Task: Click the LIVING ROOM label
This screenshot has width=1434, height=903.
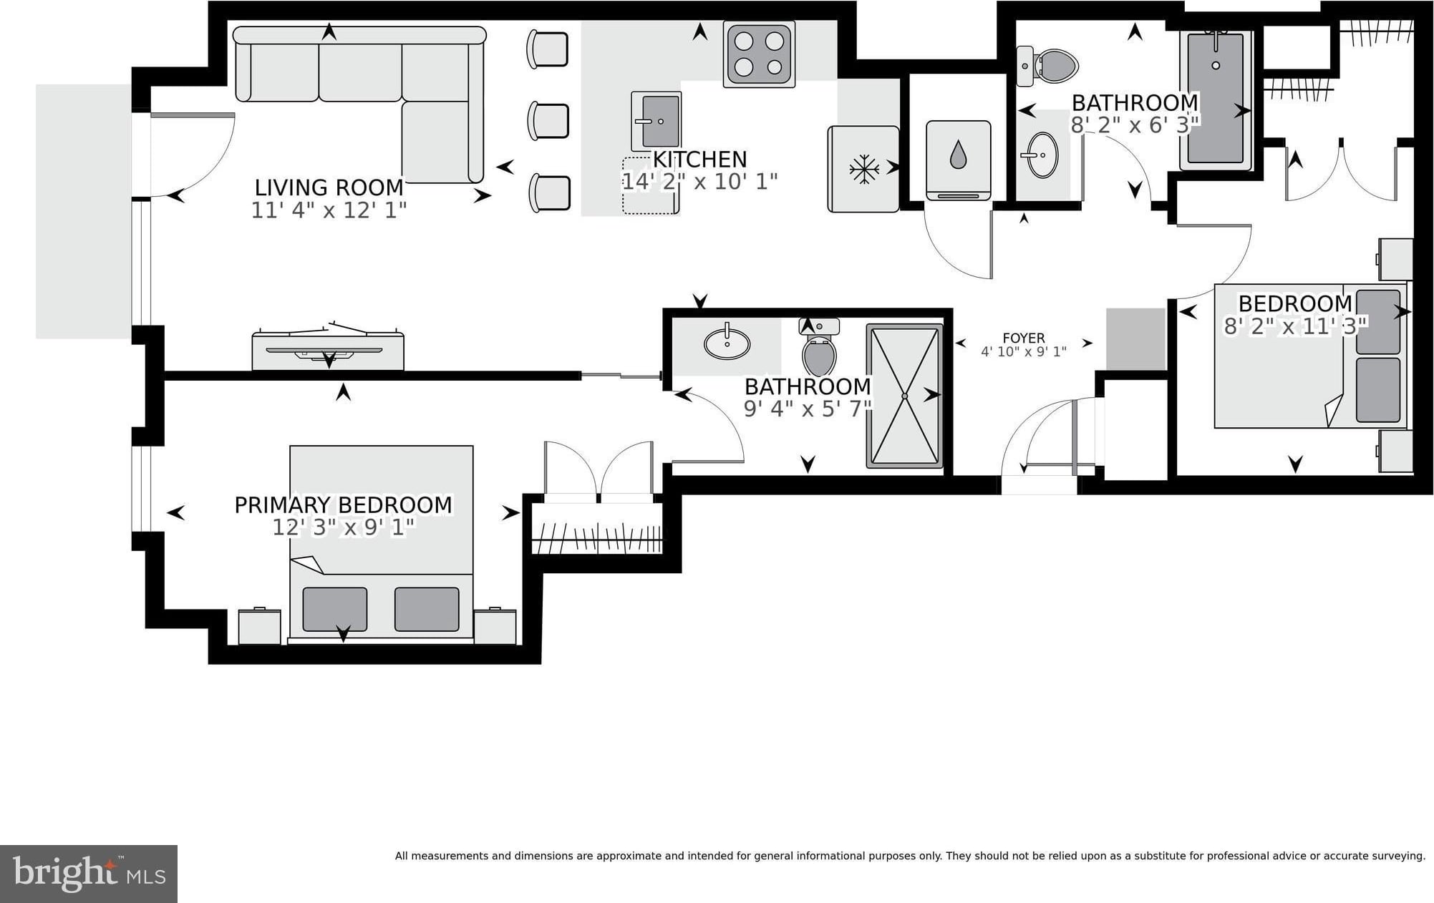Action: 329,187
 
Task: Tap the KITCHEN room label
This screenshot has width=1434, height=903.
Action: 699,159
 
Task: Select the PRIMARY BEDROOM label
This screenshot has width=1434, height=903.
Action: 344,504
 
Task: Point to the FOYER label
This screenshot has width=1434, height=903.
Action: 1024,338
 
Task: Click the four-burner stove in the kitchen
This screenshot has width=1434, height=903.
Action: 759,54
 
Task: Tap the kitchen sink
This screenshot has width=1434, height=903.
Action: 656,121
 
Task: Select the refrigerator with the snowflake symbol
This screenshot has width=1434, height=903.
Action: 863,169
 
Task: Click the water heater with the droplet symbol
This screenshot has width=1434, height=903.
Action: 959,160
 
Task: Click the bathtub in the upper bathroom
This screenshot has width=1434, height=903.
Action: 1216,99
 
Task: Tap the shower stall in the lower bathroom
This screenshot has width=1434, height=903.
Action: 905,396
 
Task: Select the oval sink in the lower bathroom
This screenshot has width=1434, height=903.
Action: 727,343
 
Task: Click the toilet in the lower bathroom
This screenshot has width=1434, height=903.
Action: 819,347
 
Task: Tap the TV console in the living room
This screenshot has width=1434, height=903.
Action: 328,350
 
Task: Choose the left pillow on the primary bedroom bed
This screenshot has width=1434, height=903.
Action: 335,610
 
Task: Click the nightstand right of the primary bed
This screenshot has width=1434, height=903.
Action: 495,626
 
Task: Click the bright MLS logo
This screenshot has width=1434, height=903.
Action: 89,874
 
